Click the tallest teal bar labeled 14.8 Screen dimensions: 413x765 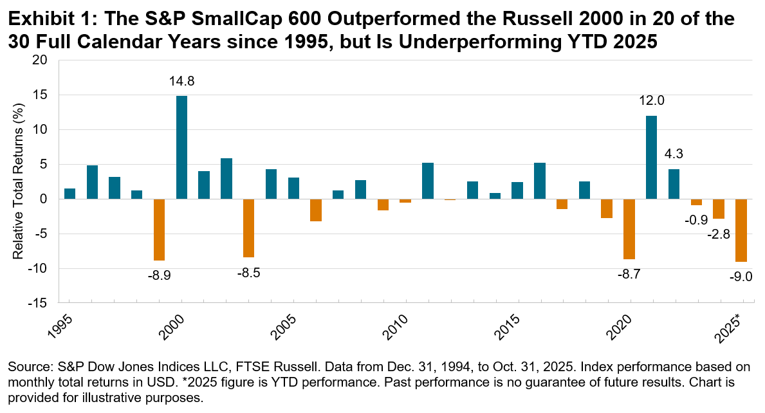pyautogui.click(x=181, y=147)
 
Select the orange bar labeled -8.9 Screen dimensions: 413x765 pyautogui.click(x=159, y=230)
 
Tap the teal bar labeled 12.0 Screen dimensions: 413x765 pyautogui.click(x=651, y=157)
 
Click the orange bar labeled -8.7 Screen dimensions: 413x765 pyautogui.click(x=629, y=229)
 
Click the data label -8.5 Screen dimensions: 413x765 pyautogui.click(x=249, y=273)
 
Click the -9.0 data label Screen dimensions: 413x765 pyautogui.click(x=741, y=277)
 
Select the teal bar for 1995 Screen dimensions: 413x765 pyautogui.click(x=69, y=194)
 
